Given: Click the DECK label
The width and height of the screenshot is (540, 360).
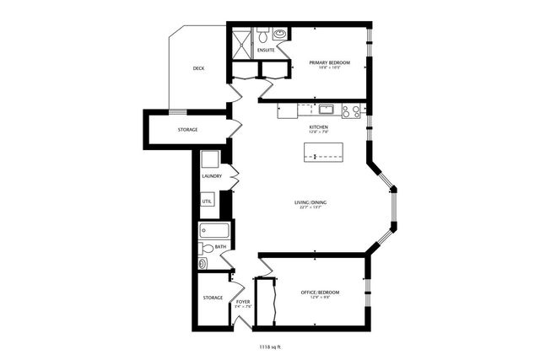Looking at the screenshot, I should (198, 68).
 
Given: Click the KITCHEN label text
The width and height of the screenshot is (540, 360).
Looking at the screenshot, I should (318, 127).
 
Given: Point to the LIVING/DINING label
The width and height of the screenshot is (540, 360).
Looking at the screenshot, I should (310, 202).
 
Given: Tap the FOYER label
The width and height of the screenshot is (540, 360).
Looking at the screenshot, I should (243, 301).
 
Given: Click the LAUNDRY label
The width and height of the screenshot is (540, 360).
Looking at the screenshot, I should (212, 175).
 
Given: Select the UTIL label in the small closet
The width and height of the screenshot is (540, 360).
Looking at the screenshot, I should (207, 201).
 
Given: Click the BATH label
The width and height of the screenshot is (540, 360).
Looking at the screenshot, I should (220, 247).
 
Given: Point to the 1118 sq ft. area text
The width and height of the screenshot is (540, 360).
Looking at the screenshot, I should (269, 347).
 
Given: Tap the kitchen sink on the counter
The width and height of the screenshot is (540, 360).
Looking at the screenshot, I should (325, 109).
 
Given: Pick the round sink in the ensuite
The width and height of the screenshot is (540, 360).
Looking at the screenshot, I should (278, 35).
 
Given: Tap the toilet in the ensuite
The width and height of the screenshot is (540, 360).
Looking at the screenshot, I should (262, 37).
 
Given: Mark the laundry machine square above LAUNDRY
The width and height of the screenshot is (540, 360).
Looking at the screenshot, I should (210, 158).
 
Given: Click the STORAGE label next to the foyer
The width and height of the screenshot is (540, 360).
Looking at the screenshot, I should (213, 298).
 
